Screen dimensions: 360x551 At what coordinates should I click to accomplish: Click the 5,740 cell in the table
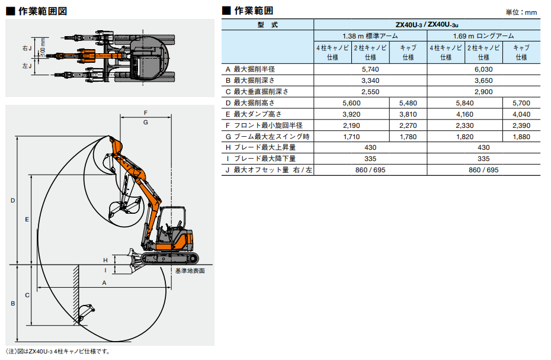370,69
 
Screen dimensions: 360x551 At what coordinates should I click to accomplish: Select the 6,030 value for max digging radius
485,69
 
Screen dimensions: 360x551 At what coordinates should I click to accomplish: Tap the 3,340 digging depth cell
370,81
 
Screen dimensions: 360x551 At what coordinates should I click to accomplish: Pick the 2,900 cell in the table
485,92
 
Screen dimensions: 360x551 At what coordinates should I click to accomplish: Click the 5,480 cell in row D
408,103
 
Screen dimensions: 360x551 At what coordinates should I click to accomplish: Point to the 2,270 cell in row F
408,126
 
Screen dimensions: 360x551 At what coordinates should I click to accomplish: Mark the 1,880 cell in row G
521,137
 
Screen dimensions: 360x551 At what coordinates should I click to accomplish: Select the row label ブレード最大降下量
264,159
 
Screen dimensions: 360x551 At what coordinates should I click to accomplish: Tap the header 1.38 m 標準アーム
370,36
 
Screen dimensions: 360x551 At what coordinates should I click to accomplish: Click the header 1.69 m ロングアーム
485,36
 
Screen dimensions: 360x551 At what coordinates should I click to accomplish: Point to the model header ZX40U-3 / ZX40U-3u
427,25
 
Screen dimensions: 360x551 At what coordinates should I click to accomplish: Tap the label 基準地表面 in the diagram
190,271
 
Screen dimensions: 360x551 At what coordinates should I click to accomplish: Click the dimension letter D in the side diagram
12,201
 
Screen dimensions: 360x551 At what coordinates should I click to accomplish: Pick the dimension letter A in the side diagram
104,283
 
